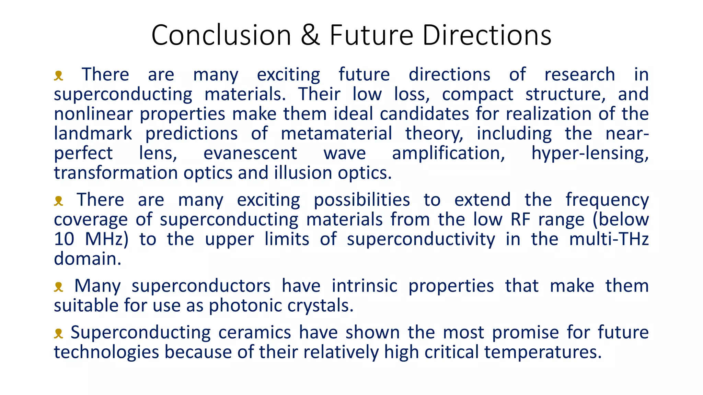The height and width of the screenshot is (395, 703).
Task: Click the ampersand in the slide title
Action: [x=310, y=35]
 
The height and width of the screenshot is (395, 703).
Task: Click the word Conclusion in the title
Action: [x=221, y=35]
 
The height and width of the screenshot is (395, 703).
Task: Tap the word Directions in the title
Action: [x=487, y=35]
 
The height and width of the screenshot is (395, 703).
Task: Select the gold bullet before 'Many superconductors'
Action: [x=59, y=287]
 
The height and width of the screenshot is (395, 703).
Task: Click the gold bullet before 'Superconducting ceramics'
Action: [x=59, y=333]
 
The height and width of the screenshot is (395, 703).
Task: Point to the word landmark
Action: [x=93, y=133]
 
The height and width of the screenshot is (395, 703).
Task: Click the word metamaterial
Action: [x=336, y=133]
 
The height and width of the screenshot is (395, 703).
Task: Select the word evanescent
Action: [x=250, y=153]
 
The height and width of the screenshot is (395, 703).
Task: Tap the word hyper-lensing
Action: [x=590, y=154]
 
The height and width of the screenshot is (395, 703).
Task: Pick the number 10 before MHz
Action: [x=64, y=239]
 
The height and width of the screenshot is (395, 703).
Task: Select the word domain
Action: [x=88, y=259]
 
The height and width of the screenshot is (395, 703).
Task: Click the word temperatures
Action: [x=543, y=352]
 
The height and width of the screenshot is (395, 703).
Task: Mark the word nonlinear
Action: [x=93, y=114]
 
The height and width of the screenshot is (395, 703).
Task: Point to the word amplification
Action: [x=448, y=154]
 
